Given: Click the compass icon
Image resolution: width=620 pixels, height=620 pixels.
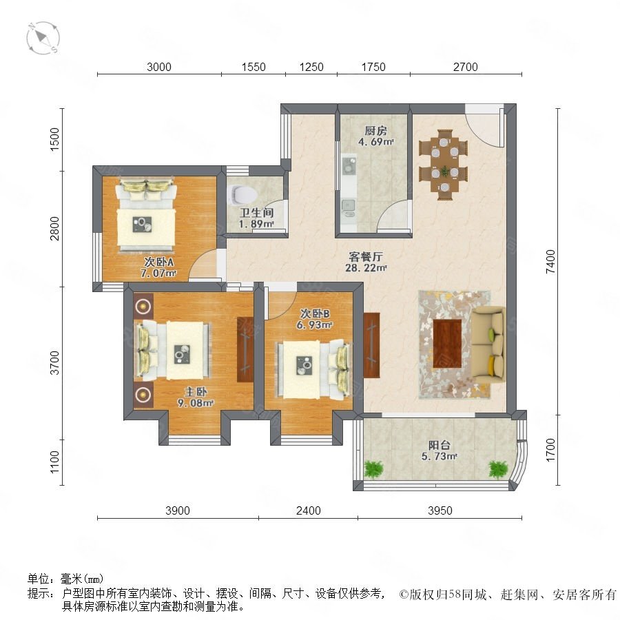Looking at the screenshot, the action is click(x=43, y=38).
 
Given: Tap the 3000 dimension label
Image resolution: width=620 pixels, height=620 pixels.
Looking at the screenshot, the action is click(x=159, y=67).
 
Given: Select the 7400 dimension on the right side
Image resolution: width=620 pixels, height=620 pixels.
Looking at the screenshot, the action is click(x=550, y=261).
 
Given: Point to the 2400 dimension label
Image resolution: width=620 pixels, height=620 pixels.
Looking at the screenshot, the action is click(x=309, y=510).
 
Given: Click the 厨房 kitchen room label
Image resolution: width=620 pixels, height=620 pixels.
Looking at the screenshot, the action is click(x=375, y=130).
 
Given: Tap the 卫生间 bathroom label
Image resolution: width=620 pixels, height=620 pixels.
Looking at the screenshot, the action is click(x=257, y=213).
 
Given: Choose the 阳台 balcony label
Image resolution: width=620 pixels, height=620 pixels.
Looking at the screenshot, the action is click(x=440, y=445).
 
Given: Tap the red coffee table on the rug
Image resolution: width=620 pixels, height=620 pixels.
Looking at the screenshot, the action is click(x=447, y=343).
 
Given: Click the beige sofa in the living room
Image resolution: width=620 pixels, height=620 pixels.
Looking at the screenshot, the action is click(x=488, y=345).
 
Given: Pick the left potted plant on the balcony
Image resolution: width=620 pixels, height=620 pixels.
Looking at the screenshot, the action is click(x=373, y=469).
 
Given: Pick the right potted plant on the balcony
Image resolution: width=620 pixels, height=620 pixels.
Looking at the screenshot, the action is click(x=498, y=469).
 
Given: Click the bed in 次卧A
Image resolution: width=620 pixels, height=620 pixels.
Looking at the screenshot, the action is click(x=146, y=215).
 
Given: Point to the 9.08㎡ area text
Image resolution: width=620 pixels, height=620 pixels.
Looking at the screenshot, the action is click(x=196, y=403).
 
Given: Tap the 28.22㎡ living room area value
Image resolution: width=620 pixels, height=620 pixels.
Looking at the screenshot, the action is click(x=366, y=268).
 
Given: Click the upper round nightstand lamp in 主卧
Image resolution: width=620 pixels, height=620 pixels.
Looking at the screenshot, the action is click(x=143, y=306).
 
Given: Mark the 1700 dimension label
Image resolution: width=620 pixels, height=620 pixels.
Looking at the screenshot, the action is click(x=550, y=450).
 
